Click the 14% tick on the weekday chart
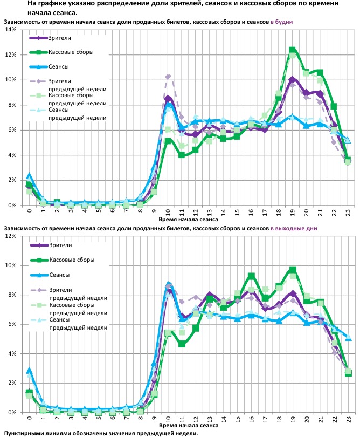coord(10,30)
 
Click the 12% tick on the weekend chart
coord(10,236)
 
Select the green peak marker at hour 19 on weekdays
coord(292,50)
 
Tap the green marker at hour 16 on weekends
coord(251,276)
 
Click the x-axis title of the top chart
coord(189,220)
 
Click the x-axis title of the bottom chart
coord(189,426)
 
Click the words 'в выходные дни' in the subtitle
coord(294,228)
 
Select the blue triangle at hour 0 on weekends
coord(29,371)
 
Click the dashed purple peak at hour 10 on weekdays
coord(168,77)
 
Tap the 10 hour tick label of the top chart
coord(168,212)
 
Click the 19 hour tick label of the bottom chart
coord(292,419)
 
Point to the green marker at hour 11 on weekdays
coord(182,155)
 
